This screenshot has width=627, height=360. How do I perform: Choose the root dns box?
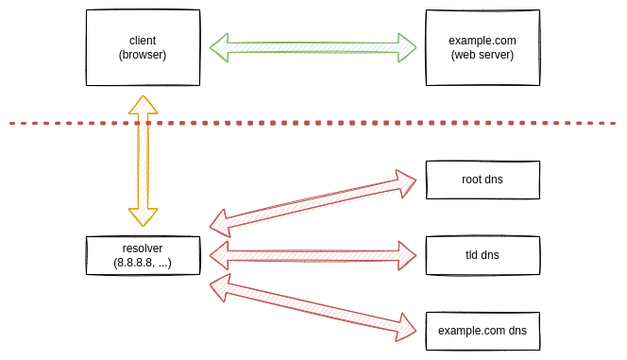click(x=483, y=180)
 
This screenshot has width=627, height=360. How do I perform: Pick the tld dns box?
click(x=483, y=255)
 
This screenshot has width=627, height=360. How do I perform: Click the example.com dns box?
click(x=483, y=331)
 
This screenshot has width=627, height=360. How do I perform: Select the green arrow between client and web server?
click(x=313, y=47)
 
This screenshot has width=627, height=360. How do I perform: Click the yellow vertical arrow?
click(x=143, y=161)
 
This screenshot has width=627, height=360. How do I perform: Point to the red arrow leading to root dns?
click(x=313, y=200)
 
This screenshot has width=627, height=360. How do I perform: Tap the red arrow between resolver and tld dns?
click(x=313, y=255)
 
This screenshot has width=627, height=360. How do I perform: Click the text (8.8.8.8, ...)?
click(x=143, y=262)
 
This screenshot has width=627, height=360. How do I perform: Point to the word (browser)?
click(x=143, y=55)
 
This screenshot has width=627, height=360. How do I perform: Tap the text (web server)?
click(x=483, y=55)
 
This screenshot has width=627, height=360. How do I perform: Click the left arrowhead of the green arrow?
click(x=220, y=47)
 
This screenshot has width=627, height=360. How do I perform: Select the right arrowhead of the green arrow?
click(x=406, y=47)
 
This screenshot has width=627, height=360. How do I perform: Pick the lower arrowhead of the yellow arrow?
click(x=143, y=216)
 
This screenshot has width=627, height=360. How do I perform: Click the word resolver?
click(x=143, y=248)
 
